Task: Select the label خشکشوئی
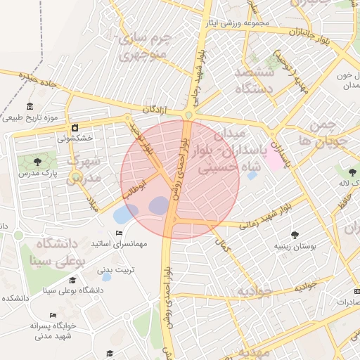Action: [x=73, y=139]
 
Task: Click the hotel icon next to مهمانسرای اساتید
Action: [x=119, y=233]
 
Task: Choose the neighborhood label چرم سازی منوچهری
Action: [x=143, y=45]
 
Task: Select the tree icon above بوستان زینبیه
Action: [x=294, y=236]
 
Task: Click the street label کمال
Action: [x=223, y=245]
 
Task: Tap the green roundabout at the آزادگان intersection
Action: [x=189, y=115]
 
